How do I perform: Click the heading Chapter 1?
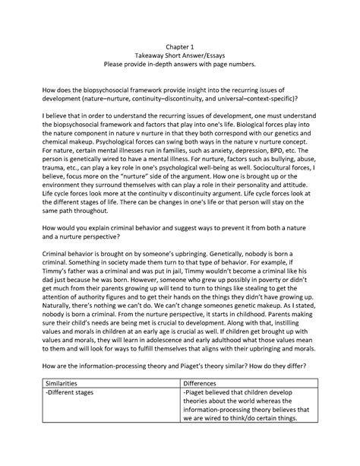click(x=180, y=45)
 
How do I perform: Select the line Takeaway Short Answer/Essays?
click(x=180, y=55)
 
